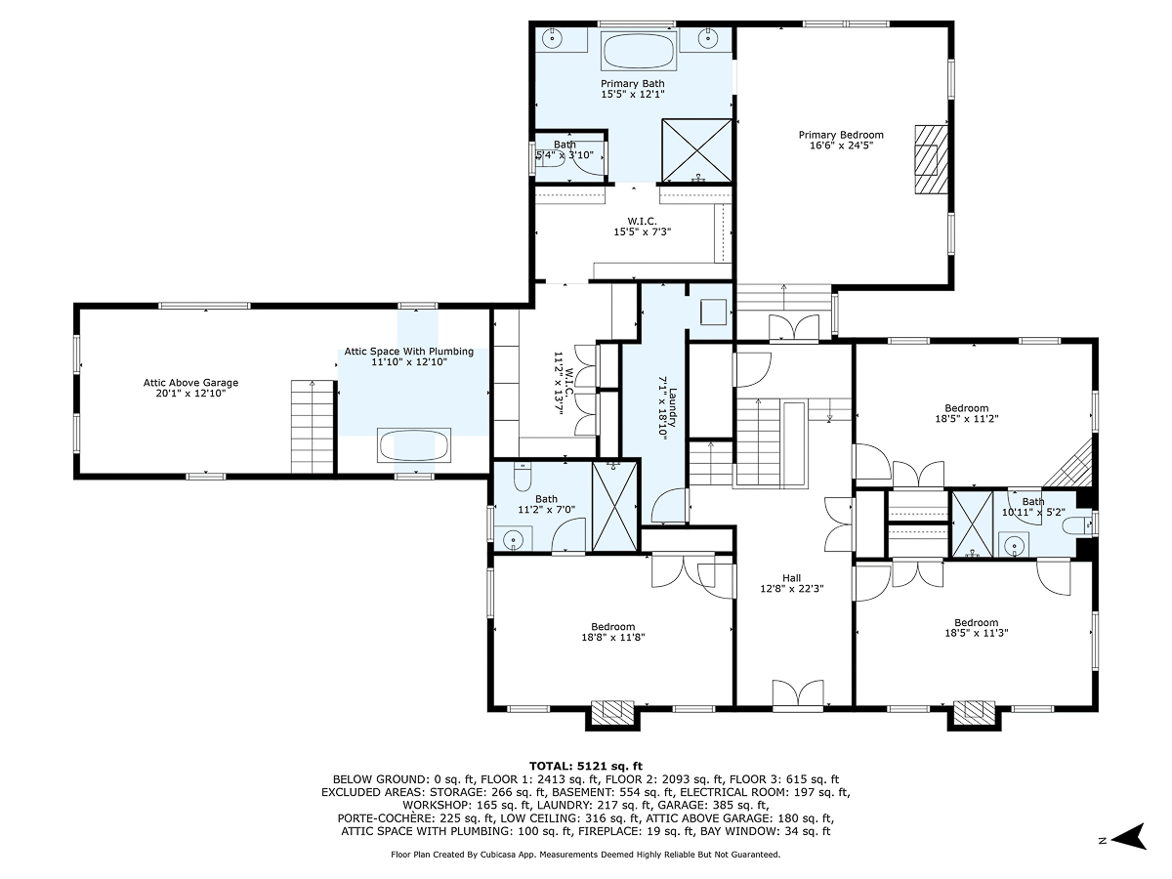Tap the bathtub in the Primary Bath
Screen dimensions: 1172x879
pos(639,51)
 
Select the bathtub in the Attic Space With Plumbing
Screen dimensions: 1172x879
pos(414,445)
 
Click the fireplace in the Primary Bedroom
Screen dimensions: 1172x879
pos(931,159)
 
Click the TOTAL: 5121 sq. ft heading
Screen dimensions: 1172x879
pos(586,767)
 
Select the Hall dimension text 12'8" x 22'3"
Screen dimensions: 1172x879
pos(792,589)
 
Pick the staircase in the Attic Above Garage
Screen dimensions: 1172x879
pos(313,427)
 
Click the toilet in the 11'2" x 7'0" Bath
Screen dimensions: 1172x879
pos(523,477)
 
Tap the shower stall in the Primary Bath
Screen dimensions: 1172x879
pos(696,150)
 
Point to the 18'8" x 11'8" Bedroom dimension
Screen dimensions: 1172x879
pos(613,637)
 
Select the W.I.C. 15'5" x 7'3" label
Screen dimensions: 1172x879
pos(643,227)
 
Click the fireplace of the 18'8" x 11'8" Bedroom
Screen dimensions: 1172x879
pos(612,713)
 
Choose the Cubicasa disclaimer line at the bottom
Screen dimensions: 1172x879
pos(586,855)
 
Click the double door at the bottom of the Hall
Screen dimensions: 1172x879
pos(798,695)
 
